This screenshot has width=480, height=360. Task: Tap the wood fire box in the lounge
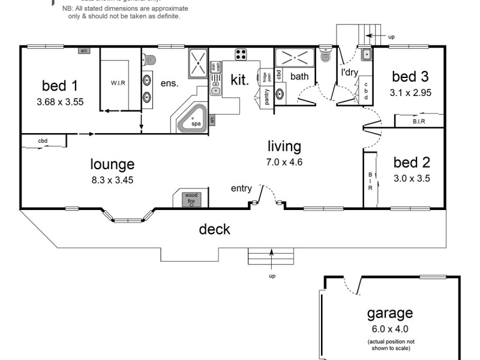click(191, 199)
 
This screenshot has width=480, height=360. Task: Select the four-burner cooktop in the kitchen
click(241, 54)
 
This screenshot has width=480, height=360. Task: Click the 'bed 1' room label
click(59, 84)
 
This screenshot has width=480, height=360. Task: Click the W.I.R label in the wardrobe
click(117, 83)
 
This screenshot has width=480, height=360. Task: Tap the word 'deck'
click(214, 229)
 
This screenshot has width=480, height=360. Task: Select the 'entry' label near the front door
click(241, 188)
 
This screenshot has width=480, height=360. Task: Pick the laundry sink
click(367, 55)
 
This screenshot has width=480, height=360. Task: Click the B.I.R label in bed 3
click(419, 121)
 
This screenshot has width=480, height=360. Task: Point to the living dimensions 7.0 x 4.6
click(284, 161)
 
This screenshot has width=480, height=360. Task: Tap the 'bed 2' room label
click(410, 162)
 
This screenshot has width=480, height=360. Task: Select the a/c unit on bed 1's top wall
click(83, 51)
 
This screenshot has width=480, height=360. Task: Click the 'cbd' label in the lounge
click(43, 142)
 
